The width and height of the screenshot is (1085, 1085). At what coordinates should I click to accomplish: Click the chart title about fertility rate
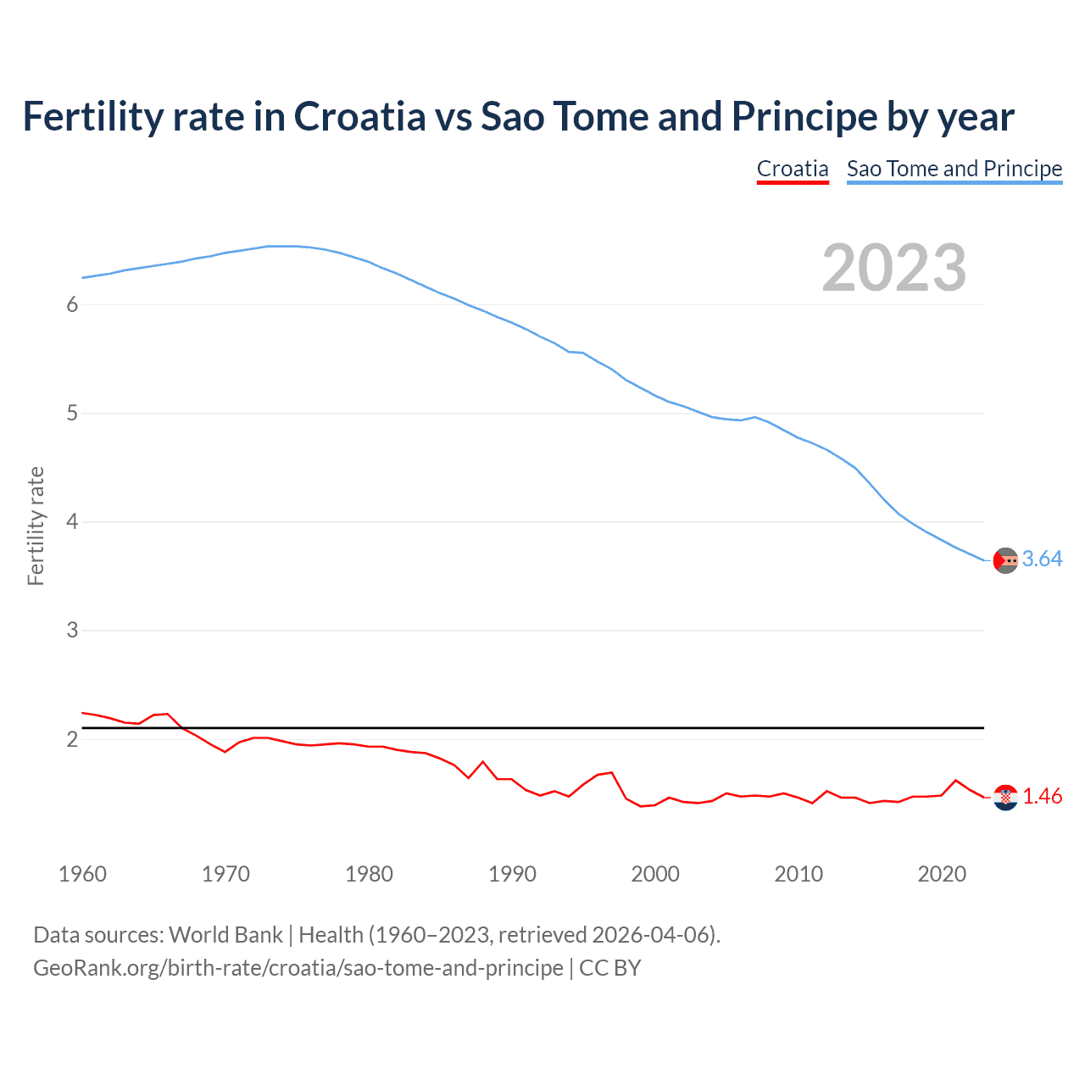point(518,117)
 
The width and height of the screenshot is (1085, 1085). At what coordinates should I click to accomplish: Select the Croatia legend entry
point(793,169)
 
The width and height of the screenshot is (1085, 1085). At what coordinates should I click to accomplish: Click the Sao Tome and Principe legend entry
point(954,169)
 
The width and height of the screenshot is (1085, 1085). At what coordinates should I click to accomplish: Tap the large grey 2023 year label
point(894,268)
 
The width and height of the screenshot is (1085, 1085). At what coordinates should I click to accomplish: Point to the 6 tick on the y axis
point(72,305)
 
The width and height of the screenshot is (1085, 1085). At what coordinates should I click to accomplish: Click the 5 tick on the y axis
point(72,414)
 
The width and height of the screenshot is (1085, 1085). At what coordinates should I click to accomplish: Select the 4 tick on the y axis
point(72,522)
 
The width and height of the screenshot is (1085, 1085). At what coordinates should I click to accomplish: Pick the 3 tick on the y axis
point(72,631)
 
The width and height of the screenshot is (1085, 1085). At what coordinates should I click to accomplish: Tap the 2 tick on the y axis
point(72,739)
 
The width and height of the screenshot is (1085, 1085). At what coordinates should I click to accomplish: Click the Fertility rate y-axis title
point(36,526)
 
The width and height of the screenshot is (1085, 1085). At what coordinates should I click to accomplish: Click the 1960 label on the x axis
point(82,874)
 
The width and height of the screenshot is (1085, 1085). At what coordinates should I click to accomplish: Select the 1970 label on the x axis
point(225,874)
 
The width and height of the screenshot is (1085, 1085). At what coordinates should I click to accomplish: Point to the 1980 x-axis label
point(369,874)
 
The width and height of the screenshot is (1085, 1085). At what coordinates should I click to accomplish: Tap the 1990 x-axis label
point(512,874)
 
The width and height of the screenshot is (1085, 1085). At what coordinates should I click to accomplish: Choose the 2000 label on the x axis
point(655,874)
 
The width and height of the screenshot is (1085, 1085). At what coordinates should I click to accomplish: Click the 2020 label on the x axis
point(942,874)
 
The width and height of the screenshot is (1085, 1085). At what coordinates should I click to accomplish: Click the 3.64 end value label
point(1042,559)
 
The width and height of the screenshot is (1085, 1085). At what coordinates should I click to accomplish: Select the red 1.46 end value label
point(1042,797)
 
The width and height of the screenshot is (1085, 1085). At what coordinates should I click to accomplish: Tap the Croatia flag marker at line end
point(1005,798)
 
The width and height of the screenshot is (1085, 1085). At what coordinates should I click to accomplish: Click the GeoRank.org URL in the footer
point(298,968)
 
